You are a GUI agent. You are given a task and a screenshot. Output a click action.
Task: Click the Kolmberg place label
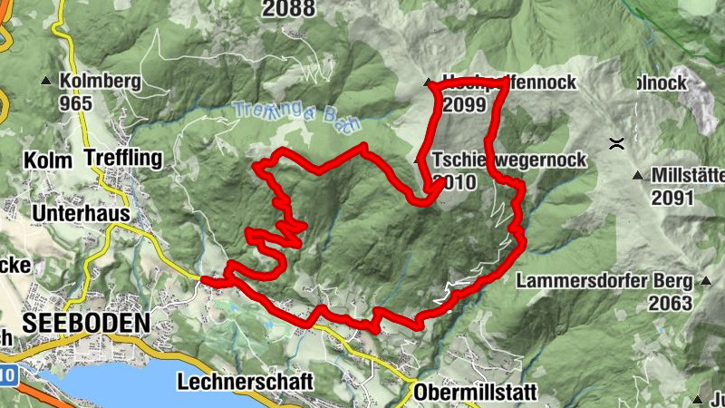tap(100, 82)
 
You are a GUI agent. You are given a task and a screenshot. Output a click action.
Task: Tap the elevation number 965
tap(77, 102)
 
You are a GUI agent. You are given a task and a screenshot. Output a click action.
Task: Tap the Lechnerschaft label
tap(246, 381)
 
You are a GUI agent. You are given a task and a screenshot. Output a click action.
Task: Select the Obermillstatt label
tap(475, 393)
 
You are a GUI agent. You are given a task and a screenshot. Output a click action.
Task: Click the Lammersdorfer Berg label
tap(604, 281)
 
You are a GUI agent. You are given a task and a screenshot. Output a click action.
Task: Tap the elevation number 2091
tap(672, 197)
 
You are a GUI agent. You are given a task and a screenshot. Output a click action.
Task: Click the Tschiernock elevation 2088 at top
tap(289, 9)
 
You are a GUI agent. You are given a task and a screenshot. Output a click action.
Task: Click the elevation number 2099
tap(465, 104)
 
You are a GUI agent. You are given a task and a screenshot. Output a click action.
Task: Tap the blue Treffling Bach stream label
tap(296, 115)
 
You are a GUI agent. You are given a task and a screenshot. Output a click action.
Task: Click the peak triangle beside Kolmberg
tap(45, 82)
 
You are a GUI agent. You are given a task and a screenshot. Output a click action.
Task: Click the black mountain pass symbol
tap(616, 142)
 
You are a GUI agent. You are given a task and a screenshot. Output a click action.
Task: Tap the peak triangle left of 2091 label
tap(638, 175)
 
